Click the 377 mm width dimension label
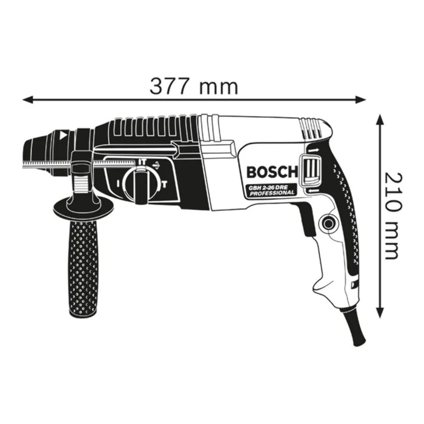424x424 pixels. (194, 87)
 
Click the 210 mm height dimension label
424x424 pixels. (391, 215)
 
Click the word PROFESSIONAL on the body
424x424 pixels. (271, 193)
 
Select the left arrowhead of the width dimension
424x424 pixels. (28, 99)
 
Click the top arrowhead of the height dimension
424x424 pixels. (380, 119)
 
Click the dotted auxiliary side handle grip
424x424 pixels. (82, 267)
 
